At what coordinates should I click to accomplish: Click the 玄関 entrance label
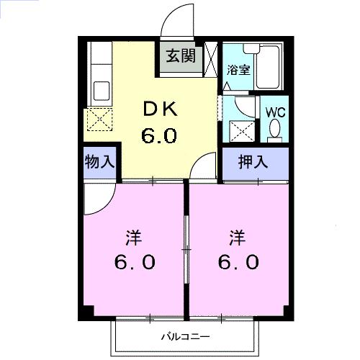click(181, 56)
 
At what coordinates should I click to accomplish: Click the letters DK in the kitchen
click(159, 109)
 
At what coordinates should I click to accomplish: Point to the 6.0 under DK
click(159, 135)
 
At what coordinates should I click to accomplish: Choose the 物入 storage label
click(99, 161)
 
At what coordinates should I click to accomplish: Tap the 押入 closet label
click(254, 161)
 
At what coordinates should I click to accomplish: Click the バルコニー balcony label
click(184, 336)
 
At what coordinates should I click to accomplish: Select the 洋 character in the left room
click(133, 235)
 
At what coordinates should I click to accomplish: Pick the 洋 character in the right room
click(237, 235)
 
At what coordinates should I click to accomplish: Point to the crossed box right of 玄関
click(212, 59)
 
